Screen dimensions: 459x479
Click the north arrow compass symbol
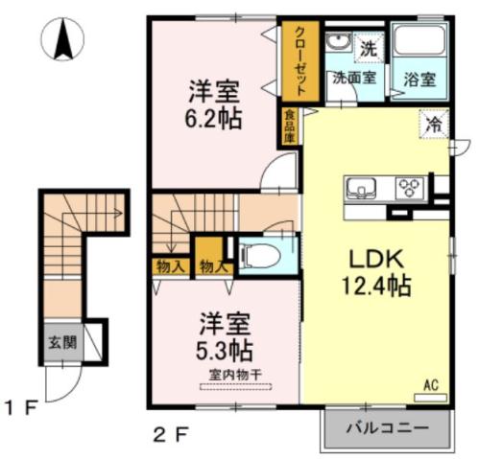(65, 39)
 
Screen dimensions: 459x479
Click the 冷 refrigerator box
(435, 125)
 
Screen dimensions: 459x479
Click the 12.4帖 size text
(375, 286)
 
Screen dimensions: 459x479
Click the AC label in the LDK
(432, 384)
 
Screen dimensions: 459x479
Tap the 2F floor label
(168, 432)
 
